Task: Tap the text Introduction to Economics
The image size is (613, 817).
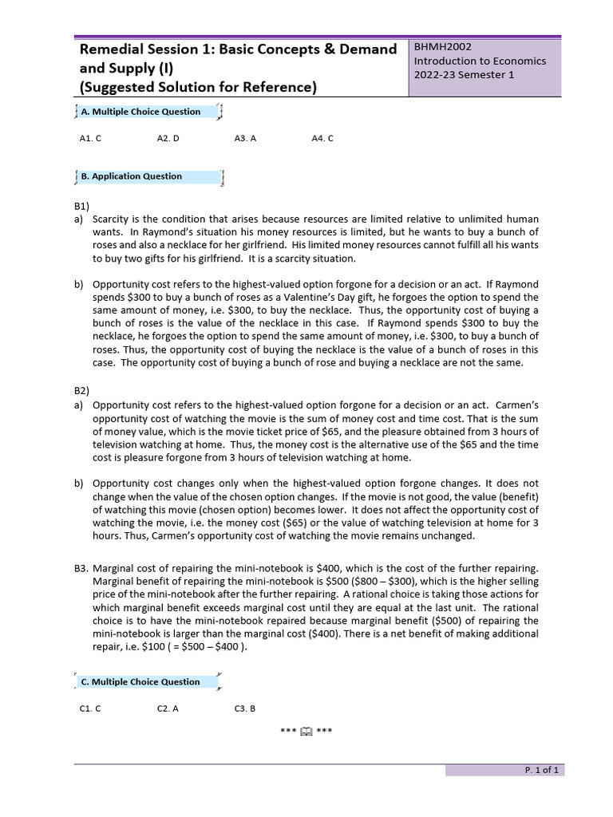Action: (x=480, y=61)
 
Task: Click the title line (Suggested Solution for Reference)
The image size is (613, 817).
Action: (x=198, y=88)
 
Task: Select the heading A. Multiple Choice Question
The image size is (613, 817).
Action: (x=141, y=112)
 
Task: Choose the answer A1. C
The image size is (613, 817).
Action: (x=90, y=138)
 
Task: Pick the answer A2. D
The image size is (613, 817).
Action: (x=168, y=138)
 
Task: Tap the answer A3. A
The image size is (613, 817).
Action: (x=245, y=138)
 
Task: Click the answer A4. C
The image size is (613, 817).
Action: (x=322, y=138)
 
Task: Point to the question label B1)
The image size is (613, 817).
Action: (x=82, y=206)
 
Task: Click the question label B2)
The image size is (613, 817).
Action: (x=82, y=391)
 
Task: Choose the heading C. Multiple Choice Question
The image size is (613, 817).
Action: (x=140, y=682)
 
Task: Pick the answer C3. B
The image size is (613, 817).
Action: (x=245, y=708)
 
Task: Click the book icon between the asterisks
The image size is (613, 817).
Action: (x=306, y=732)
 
